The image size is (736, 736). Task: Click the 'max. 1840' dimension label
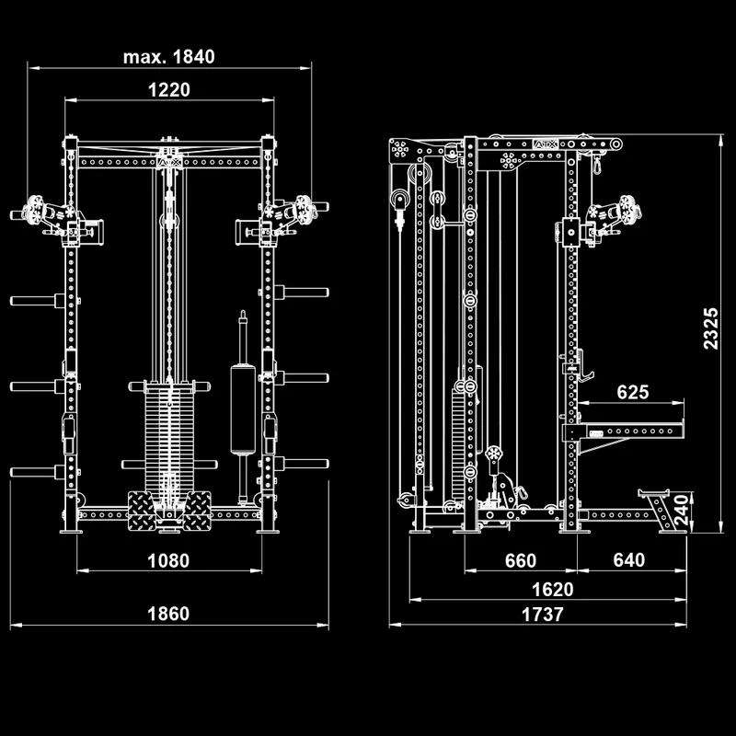click(x=169, y=57)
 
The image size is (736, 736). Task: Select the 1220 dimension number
click(x=169, y=89)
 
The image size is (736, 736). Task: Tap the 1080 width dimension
click(x=168, y=560)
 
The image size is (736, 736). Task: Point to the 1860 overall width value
click(x=168, y=614)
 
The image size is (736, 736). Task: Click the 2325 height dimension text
click(x=710, y=328)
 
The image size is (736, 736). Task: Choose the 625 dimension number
click(x=633, y=392)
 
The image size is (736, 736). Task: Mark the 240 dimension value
click(x=681, y=510)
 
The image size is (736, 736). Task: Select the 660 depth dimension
click(x=521, y=560)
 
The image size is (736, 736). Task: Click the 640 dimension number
click(x=629, y=560)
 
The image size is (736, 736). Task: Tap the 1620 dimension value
click(x=553, y=590)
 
